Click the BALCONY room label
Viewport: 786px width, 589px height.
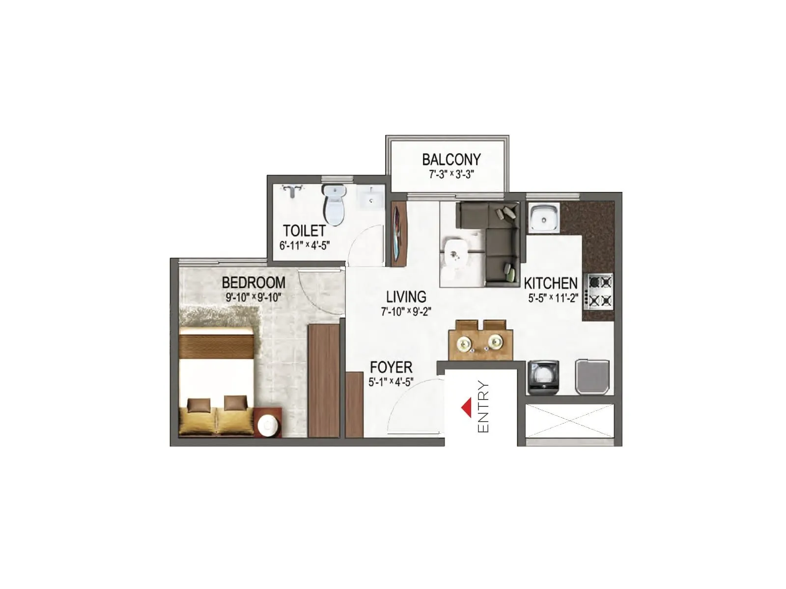click(451, 160)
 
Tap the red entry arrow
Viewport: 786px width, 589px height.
click(466, 407)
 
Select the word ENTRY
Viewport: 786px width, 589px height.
click(483, 407)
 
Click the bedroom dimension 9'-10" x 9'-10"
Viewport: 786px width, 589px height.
click(253, 297)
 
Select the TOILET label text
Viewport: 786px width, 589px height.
click(304, 231)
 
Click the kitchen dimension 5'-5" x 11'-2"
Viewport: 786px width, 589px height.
click(553, 297)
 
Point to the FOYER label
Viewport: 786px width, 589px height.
click(391, 367)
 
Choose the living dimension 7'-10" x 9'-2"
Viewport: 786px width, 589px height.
click(406, 311)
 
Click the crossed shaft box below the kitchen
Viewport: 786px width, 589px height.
click(570, 421)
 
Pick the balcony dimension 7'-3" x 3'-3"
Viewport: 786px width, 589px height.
click(450, 174)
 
